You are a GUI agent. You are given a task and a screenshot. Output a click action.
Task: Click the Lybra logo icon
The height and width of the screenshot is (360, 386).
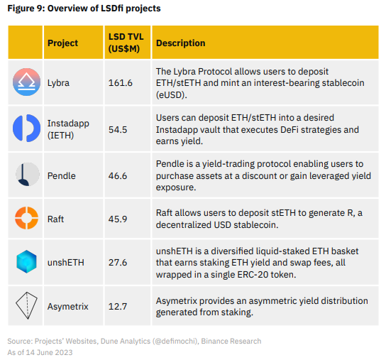click(x=27, y=83)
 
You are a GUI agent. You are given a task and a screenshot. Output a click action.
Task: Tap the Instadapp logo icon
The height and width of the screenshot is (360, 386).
click(x=27, y=128)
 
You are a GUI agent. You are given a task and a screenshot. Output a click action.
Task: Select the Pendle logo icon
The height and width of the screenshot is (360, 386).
click(x=27, y=175)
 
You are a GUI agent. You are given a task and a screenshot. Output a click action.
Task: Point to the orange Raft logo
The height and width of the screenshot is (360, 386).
click(x=27, y=219)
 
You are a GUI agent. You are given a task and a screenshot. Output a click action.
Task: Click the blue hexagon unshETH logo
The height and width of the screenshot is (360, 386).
click(x=27, y=262)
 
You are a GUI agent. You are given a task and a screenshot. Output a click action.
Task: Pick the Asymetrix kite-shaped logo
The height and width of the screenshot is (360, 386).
click(x=27, y=306)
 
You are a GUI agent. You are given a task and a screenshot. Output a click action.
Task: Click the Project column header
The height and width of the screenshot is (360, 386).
click(x=62, y=43)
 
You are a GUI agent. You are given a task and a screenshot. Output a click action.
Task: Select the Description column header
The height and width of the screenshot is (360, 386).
click(x=180, y=43)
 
